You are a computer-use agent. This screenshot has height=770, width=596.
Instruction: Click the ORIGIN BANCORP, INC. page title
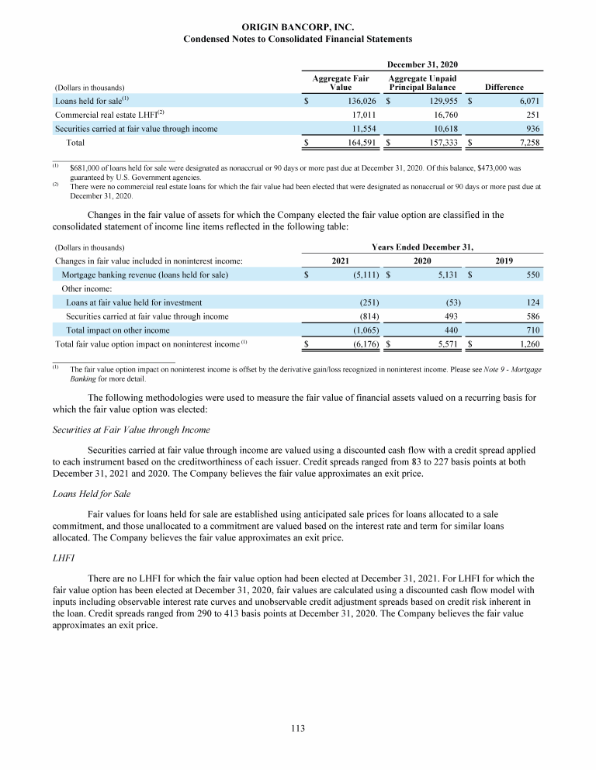point(297,28)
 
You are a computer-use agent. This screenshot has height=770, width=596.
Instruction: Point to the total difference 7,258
point(525,143)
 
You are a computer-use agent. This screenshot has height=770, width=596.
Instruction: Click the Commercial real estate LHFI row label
point(109,115)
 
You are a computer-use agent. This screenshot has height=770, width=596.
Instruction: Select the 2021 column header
point(339,261)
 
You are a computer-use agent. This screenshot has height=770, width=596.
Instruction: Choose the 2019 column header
point(504,261)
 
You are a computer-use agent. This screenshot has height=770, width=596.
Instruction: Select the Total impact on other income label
point(117,330)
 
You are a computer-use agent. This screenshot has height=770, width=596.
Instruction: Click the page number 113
point(298,728)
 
